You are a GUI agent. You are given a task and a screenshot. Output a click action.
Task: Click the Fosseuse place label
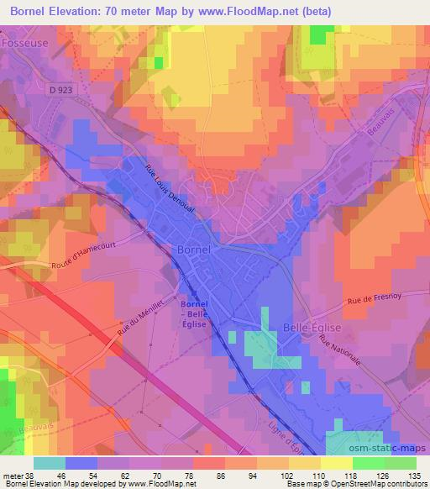point(25,38)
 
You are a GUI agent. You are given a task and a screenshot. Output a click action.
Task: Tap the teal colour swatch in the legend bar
point(50,463)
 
